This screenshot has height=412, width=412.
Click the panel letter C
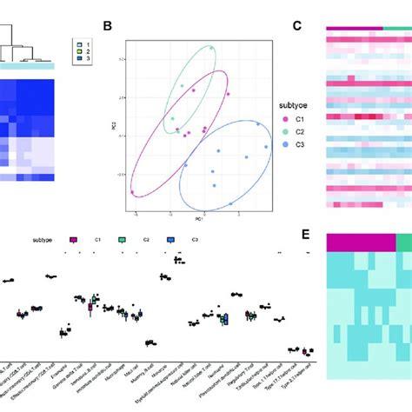[296, 26]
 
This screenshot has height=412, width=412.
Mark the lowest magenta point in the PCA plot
[132, 192]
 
